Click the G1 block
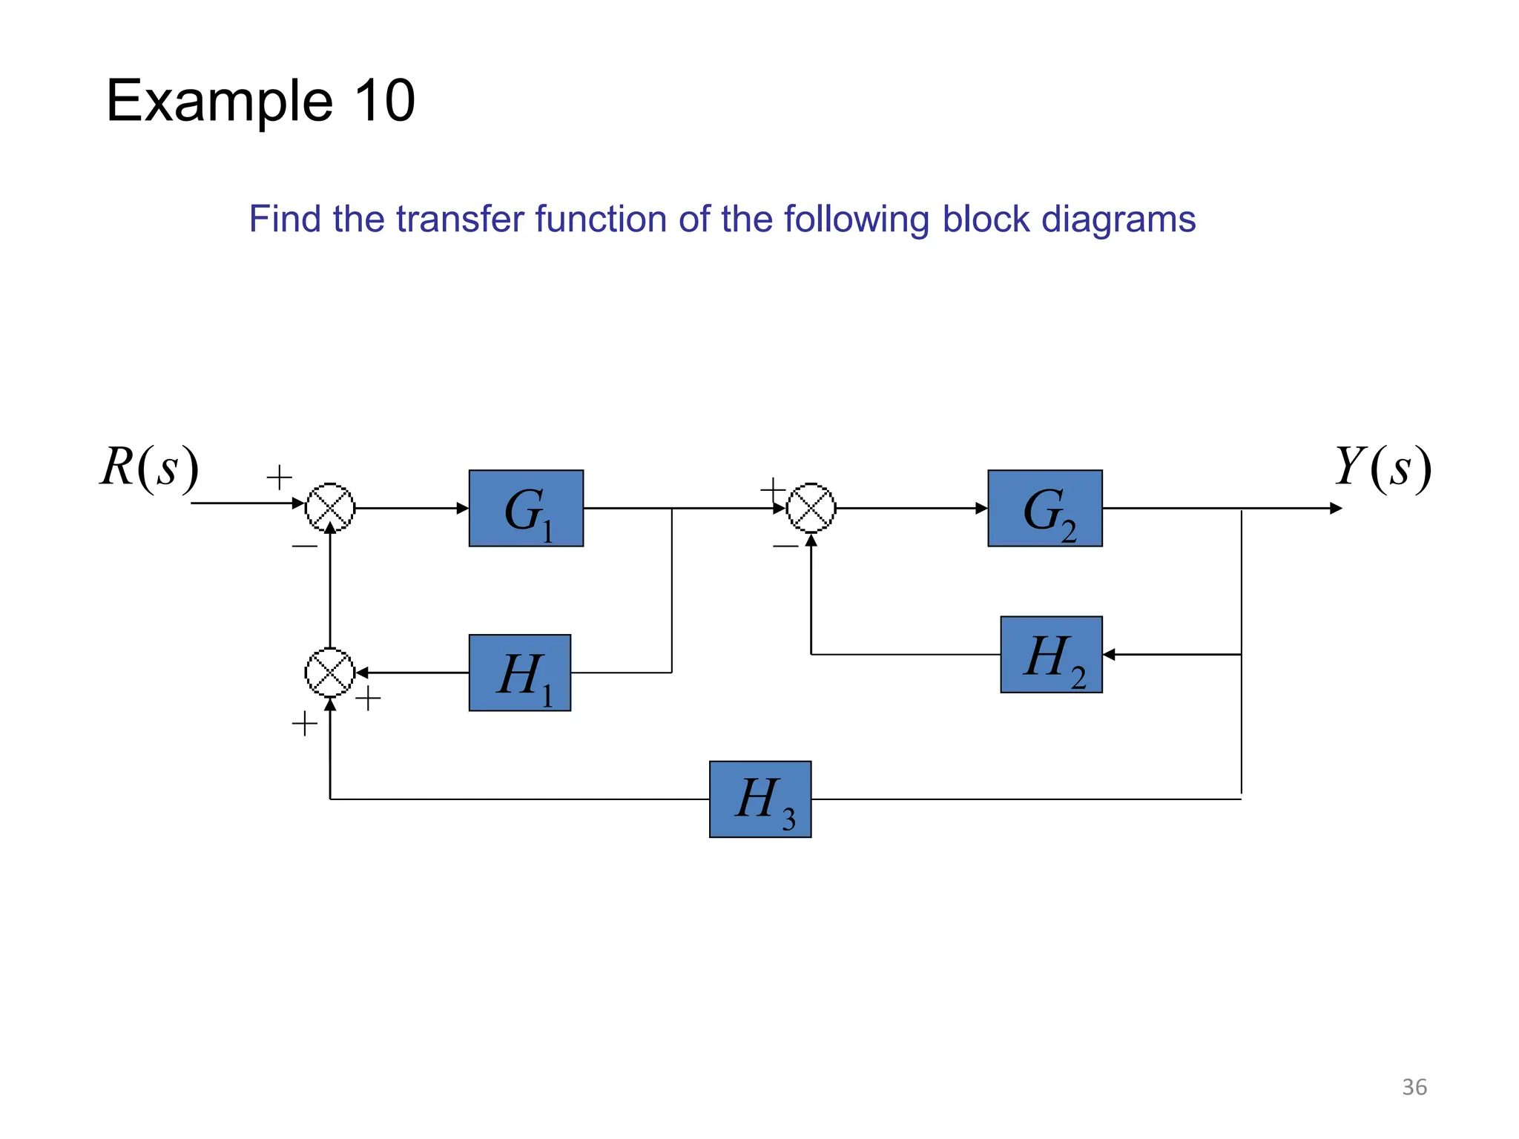coord(526,509)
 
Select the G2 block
coord(1044,509)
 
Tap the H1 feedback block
coord(519,673)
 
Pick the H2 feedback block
coord(1051,655)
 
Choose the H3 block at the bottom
coord(760,799)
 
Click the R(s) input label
coord(150,468)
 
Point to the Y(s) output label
coord(1383,468)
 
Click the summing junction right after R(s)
coord(330,508)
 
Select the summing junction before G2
coord(811,508)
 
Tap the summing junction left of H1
coord(330,673)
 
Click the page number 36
coord(1414,1087)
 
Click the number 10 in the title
coord(384,101)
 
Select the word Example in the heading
coord(220,102)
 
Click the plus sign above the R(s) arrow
coord(279,477)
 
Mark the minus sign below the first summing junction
coord(304,547)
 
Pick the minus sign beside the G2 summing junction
coord(785,547)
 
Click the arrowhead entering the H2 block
coord(1109,655)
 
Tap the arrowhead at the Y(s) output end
coord(1336,509)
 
